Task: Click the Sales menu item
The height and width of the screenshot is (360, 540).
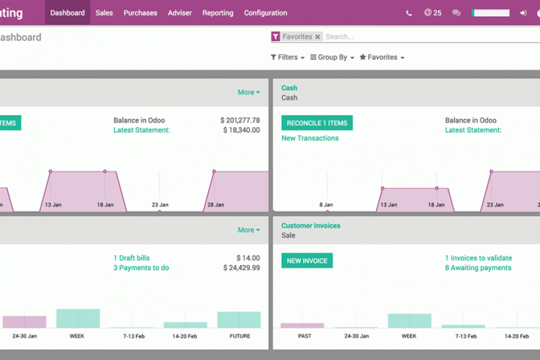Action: pyautogui.click(x=104, y=13)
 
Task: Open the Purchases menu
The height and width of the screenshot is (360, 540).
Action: pyautogui.click(x=140, y=13)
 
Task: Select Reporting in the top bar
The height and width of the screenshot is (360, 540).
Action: pyautogui.click(x=218, y=13)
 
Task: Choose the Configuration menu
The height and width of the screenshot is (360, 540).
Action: pyautogui.click(x=265, y=13)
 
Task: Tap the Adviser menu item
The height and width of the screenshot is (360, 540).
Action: pyautogui.click(x=180, y=13)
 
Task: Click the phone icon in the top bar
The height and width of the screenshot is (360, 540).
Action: pyautogui.click(x=409, y=13)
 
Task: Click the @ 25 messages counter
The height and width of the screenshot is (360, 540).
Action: pyautogui.click(x=433, y=13)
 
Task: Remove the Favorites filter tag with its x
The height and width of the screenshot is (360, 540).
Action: pyautogui.click(x=318, y=37)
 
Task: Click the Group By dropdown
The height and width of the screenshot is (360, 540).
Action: pyautogui.click(x=332, y=57)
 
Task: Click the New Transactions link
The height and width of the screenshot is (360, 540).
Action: pyautogui.click(x=310, y=138)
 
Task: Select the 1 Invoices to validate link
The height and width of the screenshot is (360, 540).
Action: pyautogui.click(x=478, y=258)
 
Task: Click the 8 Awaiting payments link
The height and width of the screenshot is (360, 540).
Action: pyautogui.click(x=478, y=268)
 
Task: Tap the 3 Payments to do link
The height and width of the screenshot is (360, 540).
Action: pyautogui.click(x=141, y=268)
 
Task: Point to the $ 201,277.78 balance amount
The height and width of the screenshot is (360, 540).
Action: pyautogui.click(x=240, y=120)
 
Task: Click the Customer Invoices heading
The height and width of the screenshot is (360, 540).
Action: pyautogui.click(x=311, y=226)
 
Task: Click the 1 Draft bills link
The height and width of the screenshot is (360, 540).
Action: pyautogui.click(x=131, y=258)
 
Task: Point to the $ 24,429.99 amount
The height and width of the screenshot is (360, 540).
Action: pyautogui.click(x=242, y=268)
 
